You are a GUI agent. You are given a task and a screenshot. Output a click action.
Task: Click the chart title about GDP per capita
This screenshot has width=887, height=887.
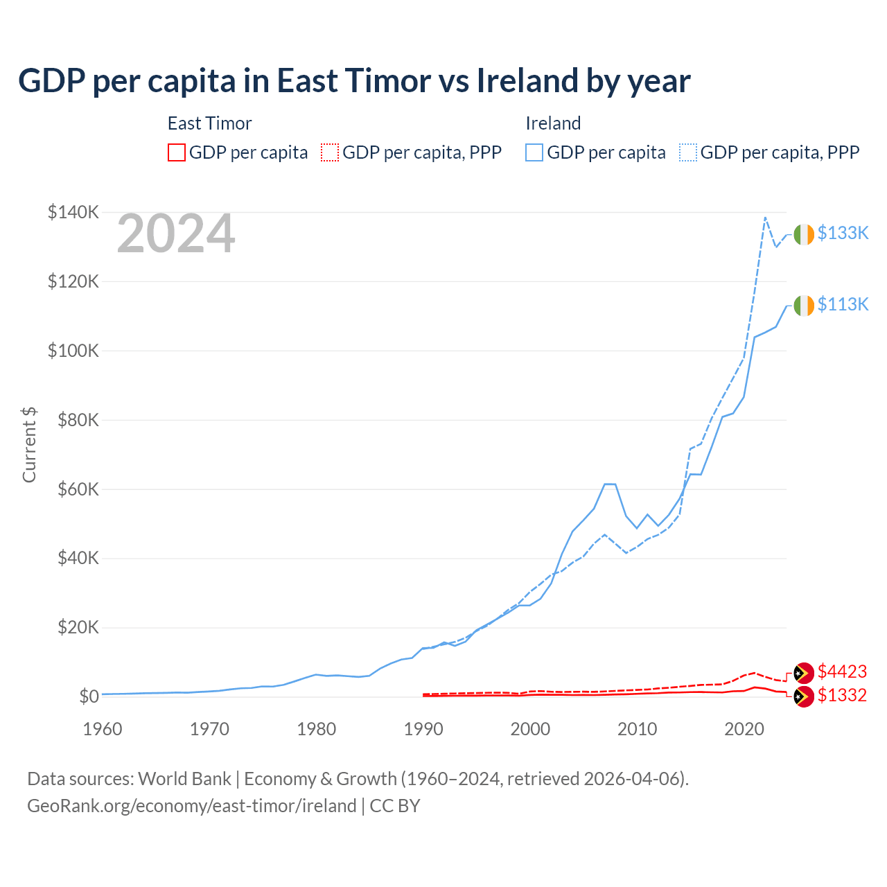click(354, 81)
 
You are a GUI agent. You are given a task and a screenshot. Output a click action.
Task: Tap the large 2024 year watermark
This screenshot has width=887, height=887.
click(176, 234)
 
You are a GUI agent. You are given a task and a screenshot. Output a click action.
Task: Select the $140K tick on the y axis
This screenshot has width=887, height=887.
click(73, 212)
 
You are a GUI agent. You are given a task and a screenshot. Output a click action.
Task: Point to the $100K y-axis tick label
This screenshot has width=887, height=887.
click(73, 351)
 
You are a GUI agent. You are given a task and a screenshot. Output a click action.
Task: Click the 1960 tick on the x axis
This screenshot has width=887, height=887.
click(103, 729)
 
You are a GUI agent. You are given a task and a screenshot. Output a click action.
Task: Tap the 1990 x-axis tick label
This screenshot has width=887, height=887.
click(423, 729)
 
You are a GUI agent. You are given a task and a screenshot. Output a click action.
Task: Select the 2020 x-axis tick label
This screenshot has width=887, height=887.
click(744, 729)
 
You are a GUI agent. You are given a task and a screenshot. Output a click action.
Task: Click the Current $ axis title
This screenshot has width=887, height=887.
click(29, 445)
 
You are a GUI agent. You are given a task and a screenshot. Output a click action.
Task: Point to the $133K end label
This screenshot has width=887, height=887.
click(843, 234)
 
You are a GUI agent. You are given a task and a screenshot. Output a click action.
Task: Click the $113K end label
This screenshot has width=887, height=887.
click(843, 305)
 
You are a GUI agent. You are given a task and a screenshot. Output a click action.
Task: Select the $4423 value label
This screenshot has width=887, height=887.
click(842, 671)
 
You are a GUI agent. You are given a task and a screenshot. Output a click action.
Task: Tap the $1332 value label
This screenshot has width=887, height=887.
click(842, 696)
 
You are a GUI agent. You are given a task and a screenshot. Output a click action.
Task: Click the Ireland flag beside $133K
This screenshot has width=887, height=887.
click(804, 235)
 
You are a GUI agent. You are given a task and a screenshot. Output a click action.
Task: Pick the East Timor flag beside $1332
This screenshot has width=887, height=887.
click(803, 696)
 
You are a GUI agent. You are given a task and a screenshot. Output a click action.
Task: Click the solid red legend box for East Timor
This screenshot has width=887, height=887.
click(177, 152)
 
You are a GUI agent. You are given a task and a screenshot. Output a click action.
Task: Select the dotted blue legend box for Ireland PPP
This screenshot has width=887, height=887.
click(688, 152)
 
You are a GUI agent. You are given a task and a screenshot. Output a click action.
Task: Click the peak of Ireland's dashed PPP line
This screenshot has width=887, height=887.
click(765, 218)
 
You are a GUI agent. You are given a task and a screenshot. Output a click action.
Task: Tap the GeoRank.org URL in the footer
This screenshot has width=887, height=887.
click(192, 806)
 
